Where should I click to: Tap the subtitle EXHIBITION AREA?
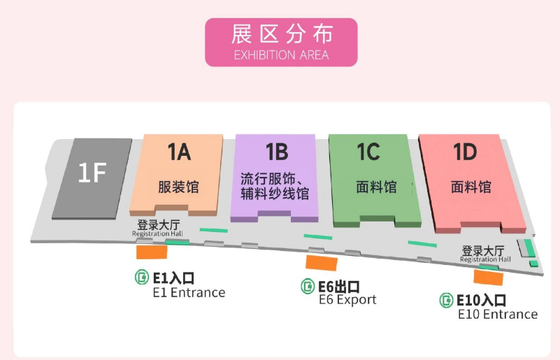pos(281,55)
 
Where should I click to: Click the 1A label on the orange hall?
pos(179,151)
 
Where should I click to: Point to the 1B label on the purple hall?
pos(276,152)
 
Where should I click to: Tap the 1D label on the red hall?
pos(465,152)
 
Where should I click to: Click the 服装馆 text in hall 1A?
pos(179,187)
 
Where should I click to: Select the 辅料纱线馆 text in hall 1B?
pos(275,195)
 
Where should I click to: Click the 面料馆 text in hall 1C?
pos(376,187)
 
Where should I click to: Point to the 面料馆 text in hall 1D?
pos(471,187)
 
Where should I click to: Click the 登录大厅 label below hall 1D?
pos(484,250)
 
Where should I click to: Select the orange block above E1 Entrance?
pos(152,252)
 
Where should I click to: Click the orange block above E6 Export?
pos(322,263)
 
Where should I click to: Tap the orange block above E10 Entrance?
pos(489,277)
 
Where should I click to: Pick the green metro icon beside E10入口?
pos(446,301)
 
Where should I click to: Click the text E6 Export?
pos(347,300)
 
